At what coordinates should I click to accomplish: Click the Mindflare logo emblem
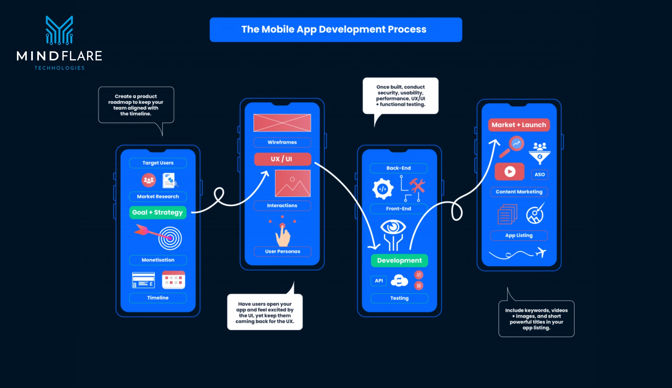click(59, 30)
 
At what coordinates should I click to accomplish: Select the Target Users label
click(158, 163)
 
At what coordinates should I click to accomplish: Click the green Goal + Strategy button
click(158, 212)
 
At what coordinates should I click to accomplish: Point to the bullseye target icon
click(170, 238)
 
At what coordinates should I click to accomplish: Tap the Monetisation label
click(158, 260)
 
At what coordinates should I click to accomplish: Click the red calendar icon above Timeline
click(173, 279)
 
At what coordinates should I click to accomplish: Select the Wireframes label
click(282, 142)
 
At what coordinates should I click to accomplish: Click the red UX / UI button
click(282, 159)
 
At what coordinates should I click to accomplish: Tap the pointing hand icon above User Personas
click(283, 235)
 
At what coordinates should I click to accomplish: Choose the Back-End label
click(399, 168)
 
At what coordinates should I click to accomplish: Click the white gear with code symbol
click(383, 189)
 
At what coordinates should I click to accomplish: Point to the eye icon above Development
click(393, 227)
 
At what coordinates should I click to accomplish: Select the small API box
click(379, 281)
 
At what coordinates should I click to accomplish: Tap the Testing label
click(399, 298)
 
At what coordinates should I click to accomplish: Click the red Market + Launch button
click(519, 125)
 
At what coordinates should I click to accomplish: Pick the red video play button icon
click(509, 172)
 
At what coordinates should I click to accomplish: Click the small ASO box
click(539, 174)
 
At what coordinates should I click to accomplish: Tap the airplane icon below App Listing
click(541, 252)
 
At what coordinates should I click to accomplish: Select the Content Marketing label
click(519, 192)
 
